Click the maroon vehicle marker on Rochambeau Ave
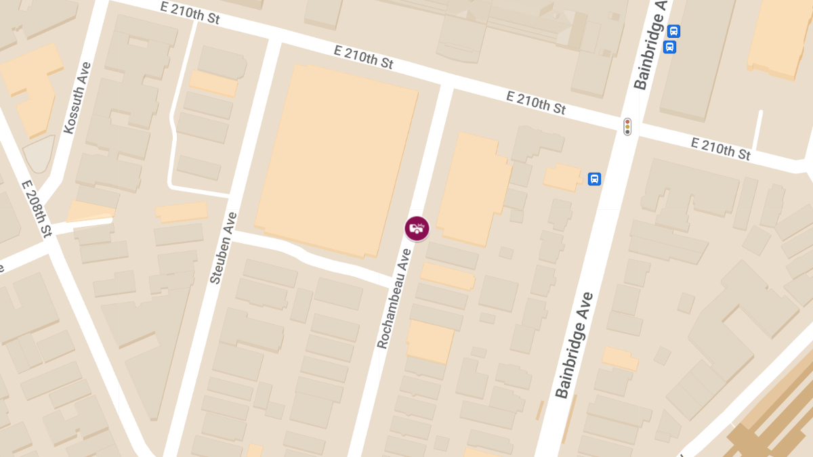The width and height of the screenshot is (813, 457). pos(417,228)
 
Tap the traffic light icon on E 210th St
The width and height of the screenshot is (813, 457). pos(627,126)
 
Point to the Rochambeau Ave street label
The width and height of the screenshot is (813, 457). pos(394,299)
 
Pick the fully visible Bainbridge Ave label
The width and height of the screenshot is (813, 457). pos(574,345)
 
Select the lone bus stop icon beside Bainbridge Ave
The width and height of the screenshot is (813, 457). pos(594,179)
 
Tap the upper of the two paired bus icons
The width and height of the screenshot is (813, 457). pos(673,31)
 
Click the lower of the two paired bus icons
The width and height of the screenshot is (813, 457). pos(669,47)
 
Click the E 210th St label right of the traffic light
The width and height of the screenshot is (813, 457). pos(721,148)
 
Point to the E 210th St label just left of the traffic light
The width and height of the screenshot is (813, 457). pos(536,102)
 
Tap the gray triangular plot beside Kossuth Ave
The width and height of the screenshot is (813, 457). pos(39,154)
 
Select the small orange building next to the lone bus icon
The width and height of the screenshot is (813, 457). pos(562,178)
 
